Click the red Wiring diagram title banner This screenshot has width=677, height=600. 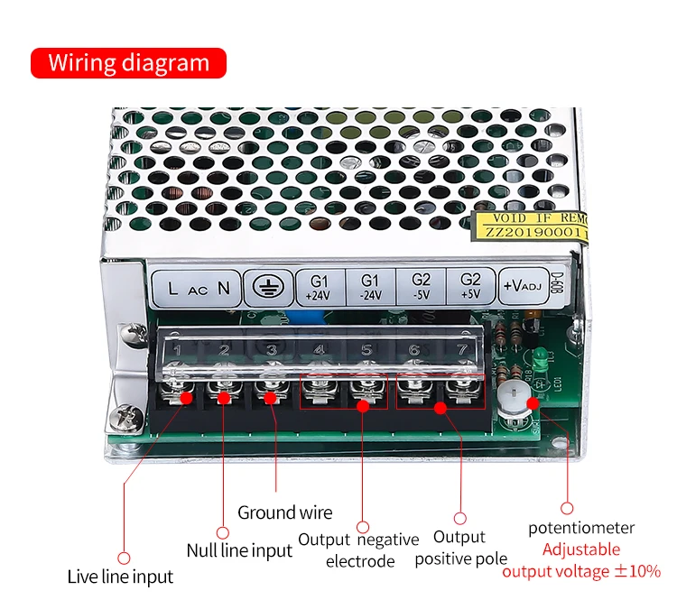[127, 63]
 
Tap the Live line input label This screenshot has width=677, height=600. [120, 577]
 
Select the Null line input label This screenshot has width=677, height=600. [239, 549]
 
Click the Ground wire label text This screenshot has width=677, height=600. [284, 512]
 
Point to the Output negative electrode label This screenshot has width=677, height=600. [359, 550]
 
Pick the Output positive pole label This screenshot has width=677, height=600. [460, 549]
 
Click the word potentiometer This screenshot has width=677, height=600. [581, 528]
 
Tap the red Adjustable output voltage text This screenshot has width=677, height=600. [581, 560]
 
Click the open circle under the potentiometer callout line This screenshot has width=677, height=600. [567, 509]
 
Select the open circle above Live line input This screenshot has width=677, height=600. [125, 558]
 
